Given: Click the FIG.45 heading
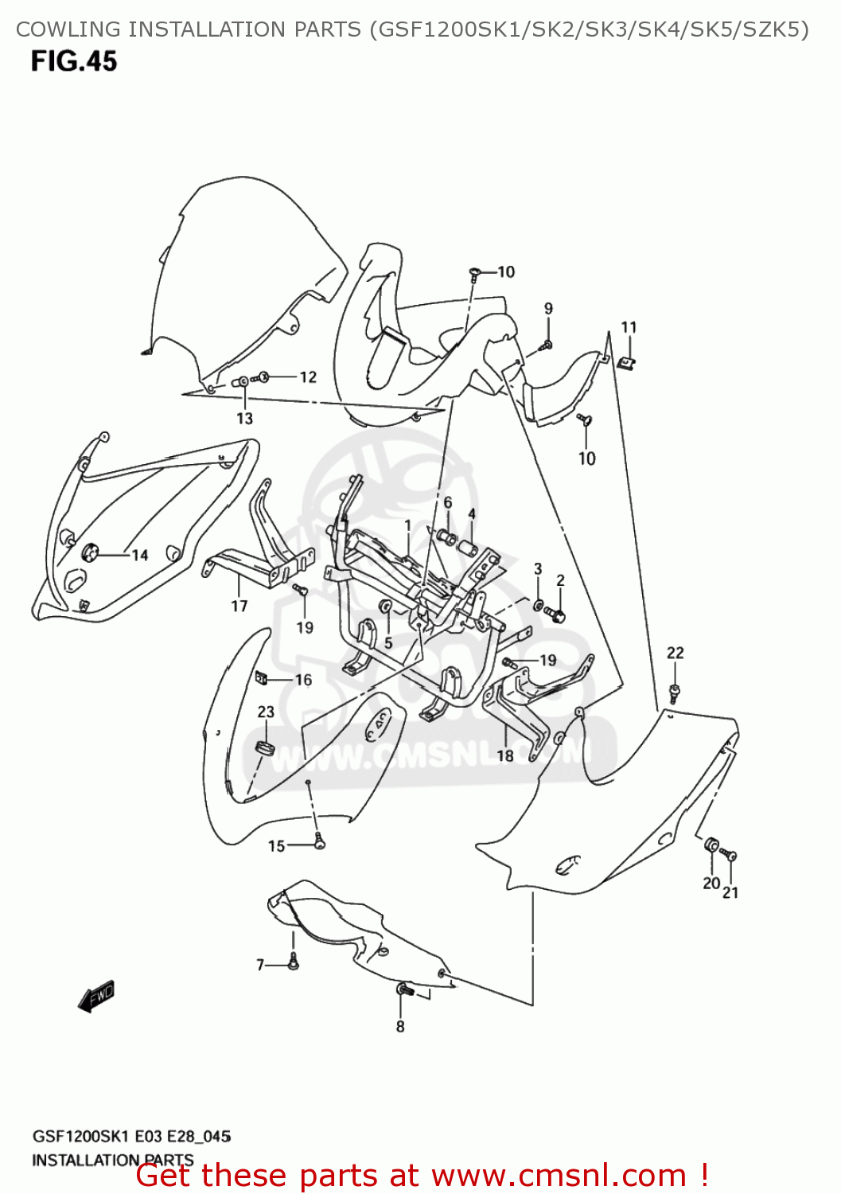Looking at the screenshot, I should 74,61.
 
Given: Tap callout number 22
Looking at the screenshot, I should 675,653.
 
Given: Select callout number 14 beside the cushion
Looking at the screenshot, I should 140,555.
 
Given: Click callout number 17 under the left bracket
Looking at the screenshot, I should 239,606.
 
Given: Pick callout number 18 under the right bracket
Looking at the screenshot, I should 505,755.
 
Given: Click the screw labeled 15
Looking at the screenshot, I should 320,840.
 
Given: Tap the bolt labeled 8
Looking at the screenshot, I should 403,990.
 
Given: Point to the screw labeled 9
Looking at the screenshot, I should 547,345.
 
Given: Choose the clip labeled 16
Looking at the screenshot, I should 260,678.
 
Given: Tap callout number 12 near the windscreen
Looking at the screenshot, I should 308,377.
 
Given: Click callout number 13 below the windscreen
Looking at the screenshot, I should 244,418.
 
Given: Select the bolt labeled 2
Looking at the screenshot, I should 558,615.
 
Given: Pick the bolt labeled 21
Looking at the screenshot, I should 730,856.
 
